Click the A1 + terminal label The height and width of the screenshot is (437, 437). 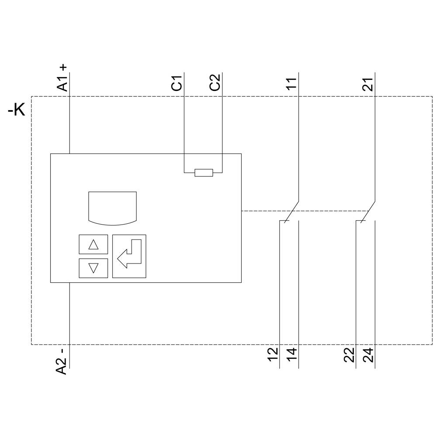click(x=63, y=77)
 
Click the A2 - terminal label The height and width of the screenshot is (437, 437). click(x=63, y=361)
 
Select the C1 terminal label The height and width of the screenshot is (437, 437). click(x=177, y=83)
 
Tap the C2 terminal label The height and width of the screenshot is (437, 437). click(x=215, y=83)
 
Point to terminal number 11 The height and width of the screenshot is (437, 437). click(x=291, y=83)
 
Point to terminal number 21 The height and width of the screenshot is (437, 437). click(x=368, y=83)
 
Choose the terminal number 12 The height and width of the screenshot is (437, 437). click(x=273, y=354)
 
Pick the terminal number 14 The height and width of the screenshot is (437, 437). click(x=292, y=354)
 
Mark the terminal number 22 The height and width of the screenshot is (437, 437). click(x=350, y=354)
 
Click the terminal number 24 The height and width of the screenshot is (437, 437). click(x=369, y=354)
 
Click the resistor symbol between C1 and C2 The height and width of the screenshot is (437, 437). click(x=204, y=173)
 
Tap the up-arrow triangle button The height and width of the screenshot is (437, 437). click(x=93, y=244)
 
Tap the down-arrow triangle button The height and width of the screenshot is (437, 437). click(x=93, y=268)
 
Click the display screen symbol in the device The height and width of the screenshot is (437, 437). click(x=112, y=208)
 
